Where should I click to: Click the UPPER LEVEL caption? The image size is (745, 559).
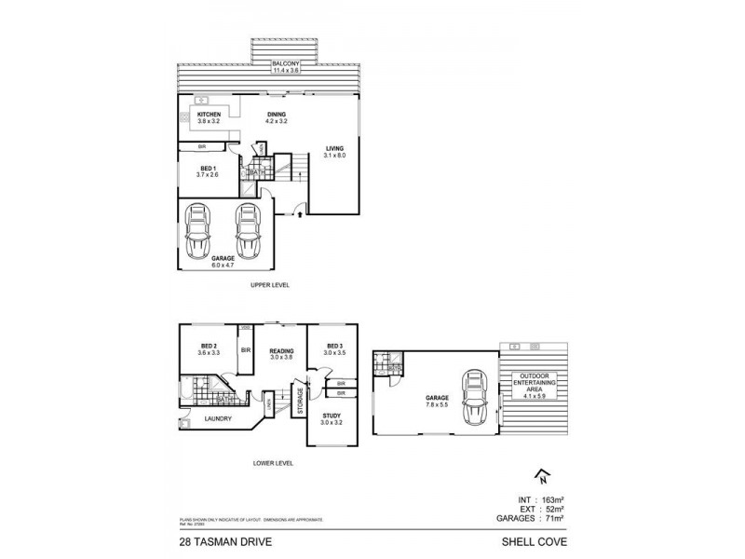tap(270, 284)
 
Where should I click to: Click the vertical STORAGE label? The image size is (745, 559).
tap(300, 402)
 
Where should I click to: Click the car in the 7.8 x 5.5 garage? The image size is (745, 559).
tap(475, 396)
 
